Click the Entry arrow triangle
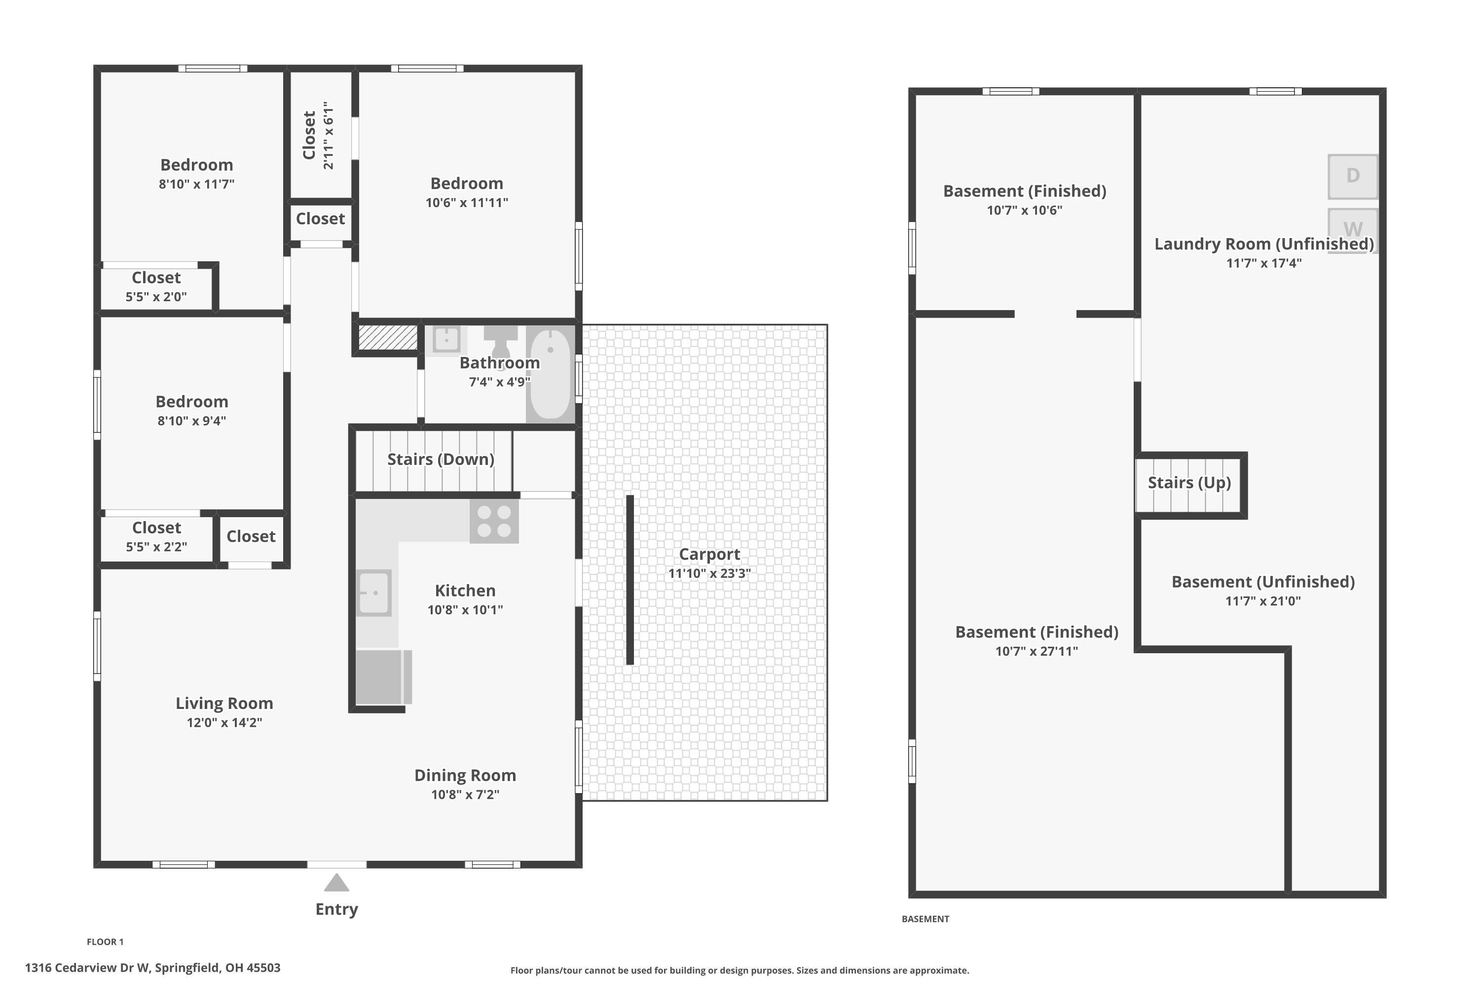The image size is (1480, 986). [336, 883]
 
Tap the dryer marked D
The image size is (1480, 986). [1353, 176]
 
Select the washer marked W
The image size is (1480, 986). [1353, 230]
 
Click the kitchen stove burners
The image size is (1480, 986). [494, 521]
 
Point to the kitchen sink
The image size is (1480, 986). [374, 593]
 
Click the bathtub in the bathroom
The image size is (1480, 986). [550, 374]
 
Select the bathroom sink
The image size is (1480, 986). [447, 340]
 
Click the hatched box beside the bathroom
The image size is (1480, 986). [388, 338]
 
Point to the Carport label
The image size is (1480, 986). [709, 554]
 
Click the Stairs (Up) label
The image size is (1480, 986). [1189, 483]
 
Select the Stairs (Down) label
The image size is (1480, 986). [441, 459]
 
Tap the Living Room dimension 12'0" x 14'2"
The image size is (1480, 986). [224, 723]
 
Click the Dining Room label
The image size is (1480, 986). [465, 775]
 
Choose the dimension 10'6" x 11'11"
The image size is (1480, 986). [467, 203]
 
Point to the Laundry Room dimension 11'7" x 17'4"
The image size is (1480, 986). [1263, 263]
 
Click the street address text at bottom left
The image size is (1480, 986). [153, 968]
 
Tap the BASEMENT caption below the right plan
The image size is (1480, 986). [925, 919]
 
